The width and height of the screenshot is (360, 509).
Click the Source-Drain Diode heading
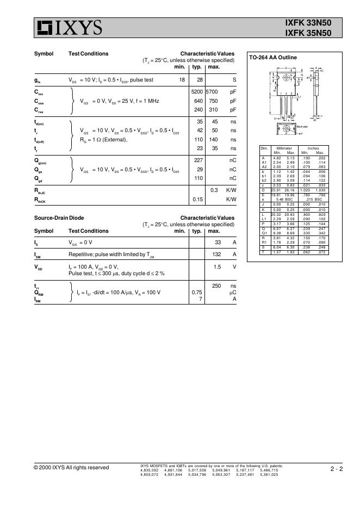coord(59,218)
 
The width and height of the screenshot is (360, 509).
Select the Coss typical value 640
coord(198,101)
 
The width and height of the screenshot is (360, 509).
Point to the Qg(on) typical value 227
coord(198,160)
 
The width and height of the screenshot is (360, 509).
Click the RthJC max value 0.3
coord(214,190)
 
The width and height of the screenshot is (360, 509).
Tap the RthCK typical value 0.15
coord(197,199)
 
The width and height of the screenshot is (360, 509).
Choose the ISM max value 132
coord(215,254)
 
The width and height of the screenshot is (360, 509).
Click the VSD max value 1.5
coord(216,267)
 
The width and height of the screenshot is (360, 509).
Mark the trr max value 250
coord(215,285)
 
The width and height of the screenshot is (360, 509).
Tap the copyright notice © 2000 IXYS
coord(71,468)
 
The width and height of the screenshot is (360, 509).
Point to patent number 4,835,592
coord(149,470)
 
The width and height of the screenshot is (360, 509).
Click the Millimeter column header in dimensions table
coord(284,148)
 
